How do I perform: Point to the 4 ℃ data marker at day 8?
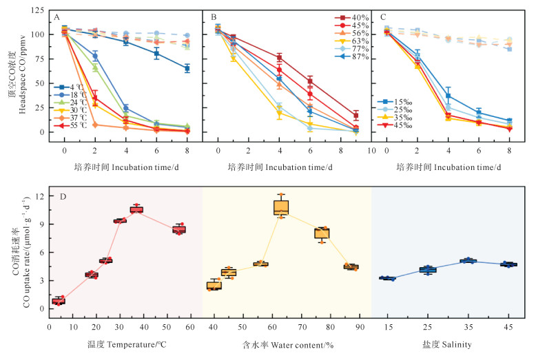tap(187, 68)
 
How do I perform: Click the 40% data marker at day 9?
tap(355, 116)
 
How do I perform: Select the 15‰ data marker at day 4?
tap(449, 95)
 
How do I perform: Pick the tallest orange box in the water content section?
tap(280, 207)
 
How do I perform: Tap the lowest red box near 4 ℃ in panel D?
tap(59, 301)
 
